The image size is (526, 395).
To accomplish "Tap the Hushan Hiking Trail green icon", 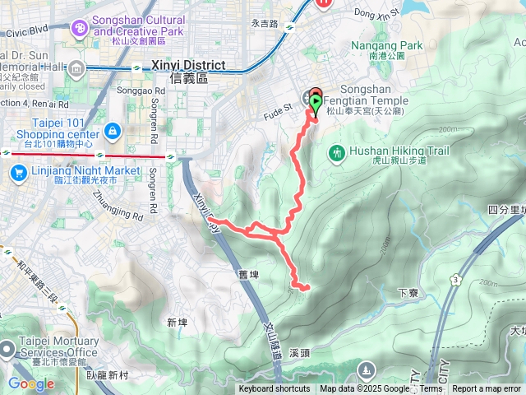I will [336, 153].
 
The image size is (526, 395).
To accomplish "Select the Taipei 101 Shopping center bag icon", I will [113, 131].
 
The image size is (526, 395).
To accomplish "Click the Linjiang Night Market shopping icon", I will [17, 173].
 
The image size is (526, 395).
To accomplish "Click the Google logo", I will [31, 383].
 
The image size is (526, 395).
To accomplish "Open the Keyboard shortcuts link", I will [275, 389].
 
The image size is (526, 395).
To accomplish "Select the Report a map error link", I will [487, 389].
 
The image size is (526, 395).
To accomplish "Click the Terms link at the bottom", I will [431, 389].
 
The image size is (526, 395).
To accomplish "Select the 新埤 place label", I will [178, 322].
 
